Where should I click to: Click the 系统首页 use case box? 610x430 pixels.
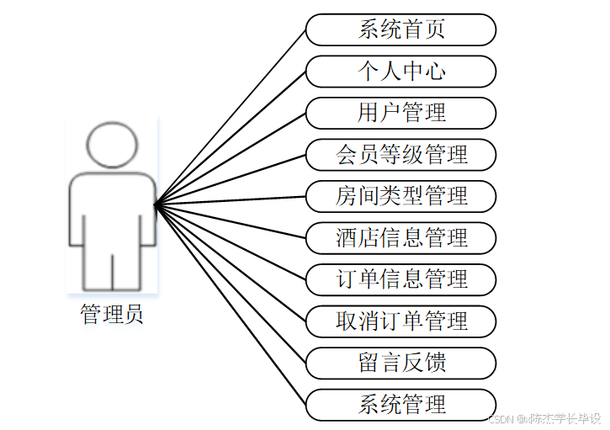(400, 29)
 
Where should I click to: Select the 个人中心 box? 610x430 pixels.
(400, 72)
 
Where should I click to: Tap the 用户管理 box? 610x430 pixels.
(400, 113)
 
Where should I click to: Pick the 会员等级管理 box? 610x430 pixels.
(400, 155)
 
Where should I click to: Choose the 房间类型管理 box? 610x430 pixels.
(400, 197)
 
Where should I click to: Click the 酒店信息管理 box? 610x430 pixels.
(400, 238)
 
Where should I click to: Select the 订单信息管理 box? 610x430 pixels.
(400, 279)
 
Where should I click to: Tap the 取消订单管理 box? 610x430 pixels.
(400, 321)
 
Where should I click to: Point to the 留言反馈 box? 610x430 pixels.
(400, 363)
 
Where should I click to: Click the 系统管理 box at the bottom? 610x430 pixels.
(400, 405)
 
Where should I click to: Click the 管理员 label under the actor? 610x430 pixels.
(112, 315)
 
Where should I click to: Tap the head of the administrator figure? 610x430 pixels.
(112, 145)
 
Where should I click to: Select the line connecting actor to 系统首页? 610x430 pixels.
(231, 116)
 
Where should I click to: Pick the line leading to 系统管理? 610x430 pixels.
(231, 305)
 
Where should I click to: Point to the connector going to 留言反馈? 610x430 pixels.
(231, 284)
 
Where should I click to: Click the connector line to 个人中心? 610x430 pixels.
(231, 137)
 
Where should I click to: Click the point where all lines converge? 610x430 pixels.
(156, 204)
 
